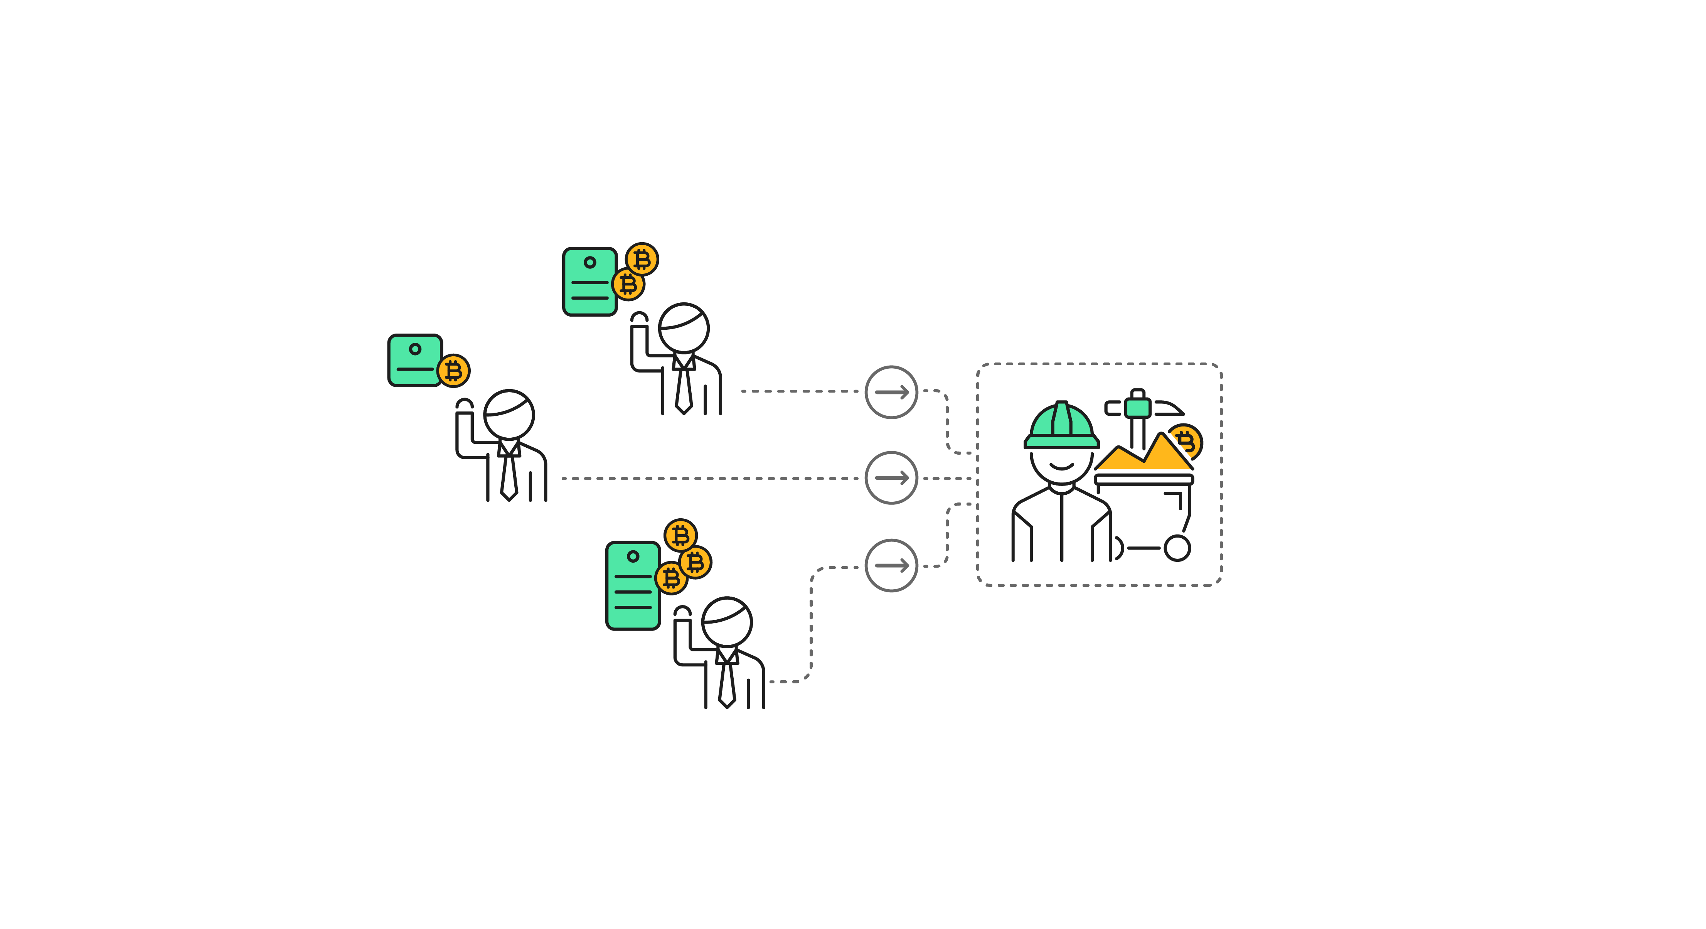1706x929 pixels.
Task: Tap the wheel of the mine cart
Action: (x=1177, y=548)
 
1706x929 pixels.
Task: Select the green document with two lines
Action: (x=589, y=282)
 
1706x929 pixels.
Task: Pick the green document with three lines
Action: (x=632, y=585)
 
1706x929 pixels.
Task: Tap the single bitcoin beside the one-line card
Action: (x=454, y=371)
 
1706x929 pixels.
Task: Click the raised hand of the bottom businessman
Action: (x=682, y=612)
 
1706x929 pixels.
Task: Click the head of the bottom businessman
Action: (x=726, y=622)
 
